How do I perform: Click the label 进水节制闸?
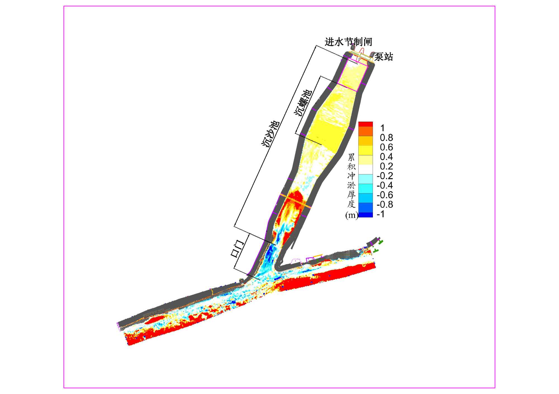point(348,42)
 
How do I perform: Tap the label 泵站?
point(383,57)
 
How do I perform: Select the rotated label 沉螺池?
point(303,103)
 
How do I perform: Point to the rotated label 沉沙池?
point(270,134)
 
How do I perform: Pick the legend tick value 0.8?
point(386,138)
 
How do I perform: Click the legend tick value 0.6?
point(386,147)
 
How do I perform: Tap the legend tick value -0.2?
point(385,176)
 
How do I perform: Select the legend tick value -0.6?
point(385,195)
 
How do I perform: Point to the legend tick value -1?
point(381,214)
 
